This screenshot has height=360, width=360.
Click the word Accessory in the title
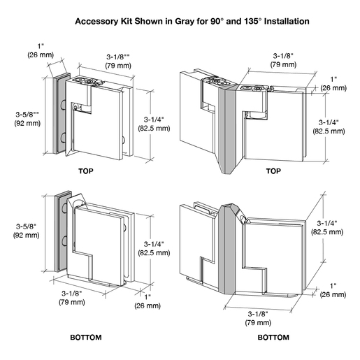coord(97,22)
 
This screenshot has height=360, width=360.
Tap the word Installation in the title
coord(287,21)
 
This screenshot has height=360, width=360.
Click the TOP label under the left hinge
coord(86,171)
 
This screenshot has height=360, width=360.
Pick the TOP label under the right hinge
coord(273,171)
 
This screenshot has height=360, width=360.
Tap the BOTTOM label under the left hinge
coord(86,337)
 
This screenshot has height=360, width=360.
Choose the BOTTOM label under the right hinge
coord(273,337)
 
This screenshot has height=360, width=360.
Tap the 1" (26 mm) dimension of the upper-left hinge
coord(41,50)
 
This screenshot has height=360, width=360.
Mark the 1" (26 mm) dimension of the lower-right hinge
coord(333,290)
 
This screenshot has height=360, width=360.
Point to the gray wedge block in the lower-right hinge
coord(227,250)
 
